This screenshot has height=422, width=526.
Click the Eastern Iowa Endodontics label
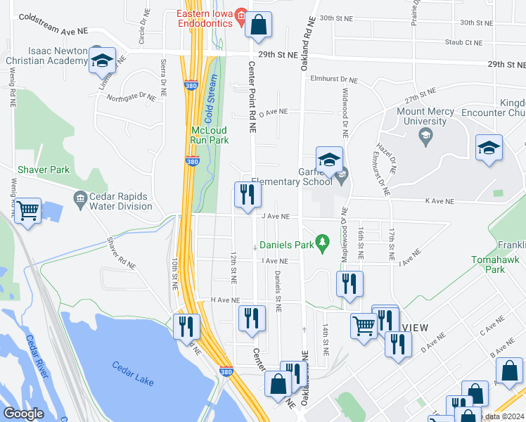click(204, 17)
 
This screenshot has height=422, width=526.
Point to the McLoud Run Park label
click(210, 135)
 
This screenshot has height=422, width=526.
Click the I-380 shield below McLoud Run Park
click(192, 161)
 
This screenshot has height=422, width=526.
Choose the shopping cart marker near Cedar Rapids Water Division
click(27, 210)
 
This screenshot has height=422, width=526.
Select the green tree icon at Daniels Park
click(322, 245)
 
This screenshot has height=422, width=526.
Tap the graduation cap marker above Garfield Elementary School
click(328, 160)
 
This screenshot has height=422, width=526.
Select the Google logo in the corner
click(23, 414)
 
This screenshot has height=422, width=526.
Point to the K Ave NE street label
click(440, 201)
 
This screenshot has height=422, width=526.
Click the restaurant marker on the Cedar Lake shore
click(186, 327)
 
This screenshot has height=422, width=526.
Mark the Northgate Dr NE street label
click(131, 96)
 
